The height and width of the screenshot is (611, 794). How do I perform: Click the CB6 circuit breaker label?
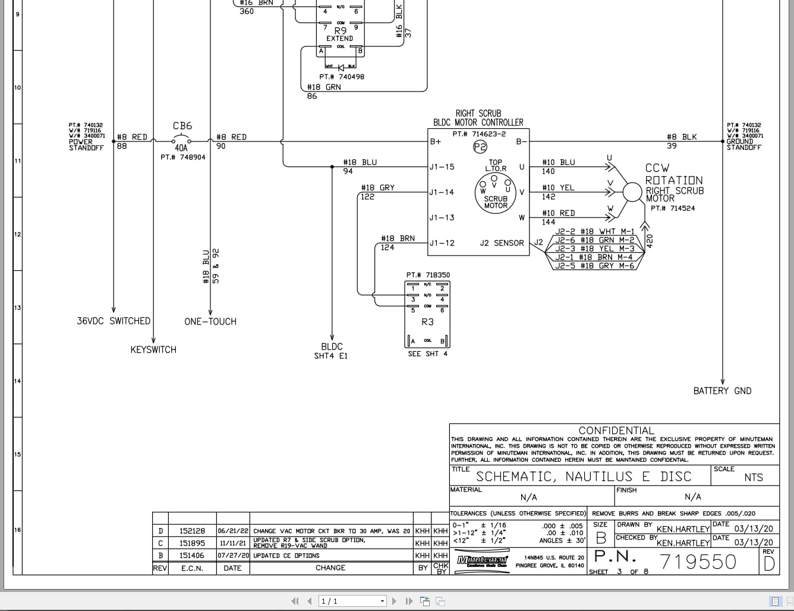[182, 126]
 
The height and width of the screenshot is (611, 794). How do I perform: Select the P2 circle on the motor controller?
[480, 146]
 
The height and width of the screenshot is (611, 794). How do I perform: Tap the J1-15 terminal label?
[442, 167]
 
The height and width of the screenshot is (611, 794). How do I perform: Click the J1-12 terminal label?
[442, 243]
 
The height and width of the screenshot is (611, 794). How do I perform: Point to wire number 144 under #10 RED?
[549, 222]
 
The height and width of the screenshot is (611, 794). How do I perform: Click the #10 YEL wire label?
[558, 188]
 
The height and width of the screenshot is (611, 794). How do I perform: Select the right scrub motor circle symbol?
[633, 191]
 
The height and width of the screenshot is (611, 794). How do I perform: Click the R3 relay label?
[427, 322]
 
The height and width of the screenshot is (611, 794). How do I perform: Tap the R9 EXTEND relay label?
[340, 34]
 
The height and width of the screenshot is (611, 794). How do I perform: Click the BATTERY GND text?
[722, 391]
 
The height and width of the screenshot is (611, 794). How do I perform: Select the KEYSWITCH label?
[153, 350]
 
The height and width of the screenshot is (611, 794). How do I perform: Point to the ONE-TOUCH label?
[210, 322]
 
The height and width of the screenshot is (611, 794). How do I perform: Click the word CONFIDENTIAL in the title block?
[616, 430]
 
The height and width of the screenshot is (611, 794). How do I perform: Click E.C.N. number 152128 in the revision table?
[192, 531]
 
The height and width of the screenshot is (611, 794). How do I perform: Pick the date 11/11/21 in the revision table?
[232, 543]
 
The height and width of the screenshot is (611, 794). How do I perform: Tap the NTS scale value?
[753, 477]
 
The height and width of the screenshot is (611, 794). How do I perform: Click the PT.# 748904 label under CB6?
[183, 158]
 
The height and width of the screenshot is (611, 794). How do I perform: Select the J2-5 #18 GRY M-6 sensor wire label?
[594, 266]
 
